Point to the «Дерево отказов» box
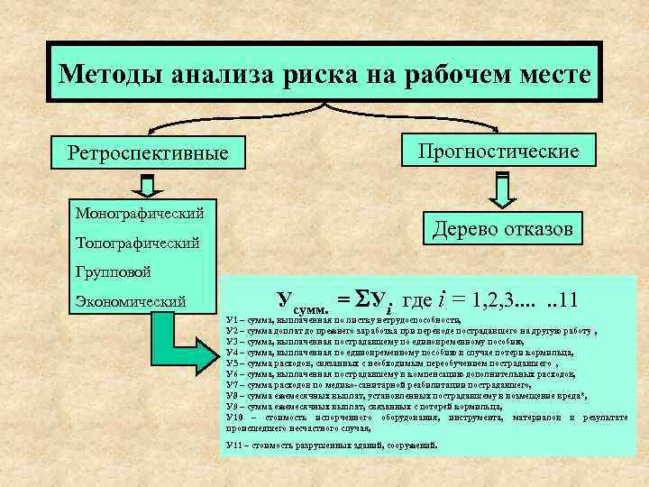[x=503, y=229]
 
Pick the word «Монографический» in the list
[x=139, y=213]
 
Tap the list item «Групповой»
[x=113, y=271]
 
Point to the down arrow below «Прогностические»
[x=502, y=188]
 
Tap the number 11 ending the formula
[x=572, y=299]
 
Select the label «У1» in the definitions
[x=233, y=321]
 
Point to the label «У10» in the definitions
[x=235, y=418]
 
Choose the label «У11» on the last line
[x=235, y=446]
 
